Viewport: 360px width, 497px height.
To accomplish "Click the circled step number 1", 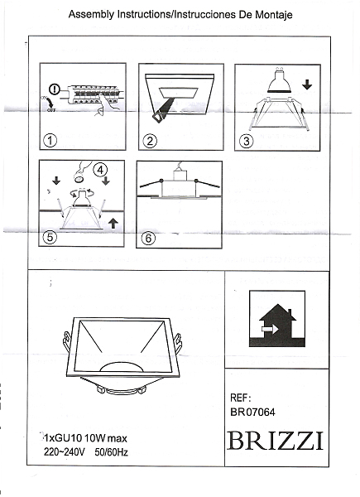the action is tap(50, 141).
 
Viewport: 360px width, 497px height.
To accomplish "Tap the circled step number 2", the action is tap(150, 141).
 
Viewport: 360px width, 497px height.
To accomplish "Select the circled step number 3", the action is tap(247, 141).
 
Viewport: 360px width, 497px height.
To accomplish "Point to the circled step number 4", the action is tap(100, 170).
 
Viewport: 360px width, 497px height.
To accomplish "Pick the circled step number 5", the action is tap(50, 236).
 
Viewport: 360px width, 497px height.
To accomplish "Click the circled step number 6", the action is tap(148, 238).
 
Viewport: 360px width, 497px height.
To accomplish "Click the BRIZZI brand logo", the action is tap(276, 441).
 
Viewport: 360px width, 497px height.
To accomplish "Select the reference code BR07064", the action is tap(252, 412).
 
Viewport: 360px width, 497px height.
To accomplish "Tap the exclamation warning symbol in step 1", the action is tap(55, 90).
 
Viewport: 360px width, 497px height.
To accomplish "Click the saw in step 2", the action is tap(161, 109).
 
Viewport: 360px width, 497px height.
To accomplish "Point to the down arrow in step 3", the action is tap(307, 84).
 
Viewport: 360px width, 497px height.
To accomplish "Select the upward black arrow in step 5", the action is tap(113, 224).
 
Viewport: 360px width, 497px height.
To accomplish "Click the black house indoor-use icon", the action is tap(277, 319).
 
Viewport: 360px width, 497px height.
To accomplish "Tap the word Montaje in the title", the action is tap(274, 15).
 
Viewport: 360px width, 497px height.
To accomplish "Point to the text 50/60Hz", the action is tap(111, 452).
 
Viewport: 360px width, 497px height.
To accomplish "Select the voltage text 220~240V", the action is tap(64, 452).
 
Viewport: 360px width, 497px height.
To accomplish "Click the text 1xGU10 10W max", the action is tap(85, 439).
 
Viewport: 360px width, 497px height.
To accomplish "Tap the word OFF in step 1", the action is tap(51, 110).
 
